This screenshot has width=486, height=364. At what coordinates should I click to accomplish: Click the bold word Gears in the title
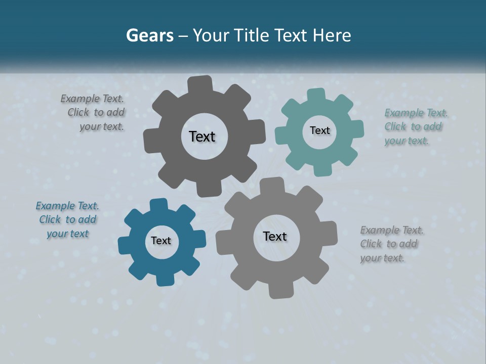[x=150, y=35]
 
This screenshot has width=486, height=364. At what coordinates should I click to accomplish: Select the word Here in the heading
[x=332, y=35]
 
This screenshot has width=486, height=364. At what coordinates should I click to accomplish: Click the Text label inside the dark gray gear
[x=202, y=136]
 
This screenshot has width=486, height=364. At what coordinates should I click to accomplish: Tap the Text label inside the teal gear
[x=319, y=130]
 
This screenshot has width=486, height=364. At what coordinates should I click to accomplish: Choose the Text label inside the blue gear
[x=161, y=241]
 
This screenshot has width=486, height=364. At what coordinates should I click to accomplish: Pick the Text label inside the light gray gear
[x=275, y=236]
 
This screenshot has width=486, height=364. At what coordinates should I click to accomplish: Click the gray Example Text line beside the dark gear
[x=92, y=99]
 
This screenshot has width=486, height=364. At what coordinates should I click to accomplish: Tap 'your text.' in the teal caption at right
[x=407, y=141]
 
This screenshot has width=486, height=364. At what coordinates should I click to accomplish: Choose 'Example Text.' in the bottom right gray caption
[x=392, y=230]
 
